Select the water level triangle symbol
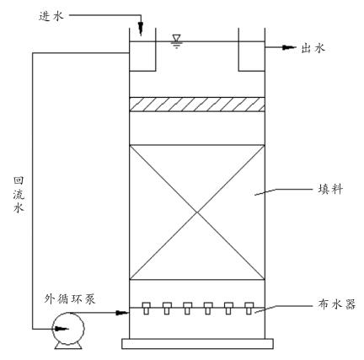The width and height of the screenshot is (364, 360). click(175, 38)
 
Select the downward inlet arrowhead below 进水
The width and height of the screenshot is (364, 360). click(141, 30)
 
